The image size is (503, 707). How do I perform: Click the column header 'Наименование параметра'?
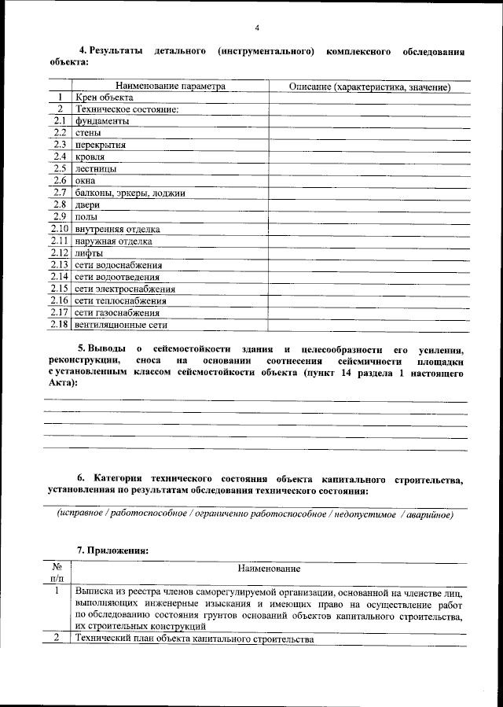click(171, 86)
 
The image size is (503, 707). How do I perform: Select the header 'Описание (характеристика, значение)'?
click(369, 86)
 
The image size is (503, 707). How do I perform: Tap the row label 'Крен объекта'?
click(105, 98)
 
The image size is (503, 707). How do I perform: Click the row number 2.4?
click(60, 157)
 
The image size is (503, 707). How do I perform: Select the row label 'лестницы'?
click(96, 169)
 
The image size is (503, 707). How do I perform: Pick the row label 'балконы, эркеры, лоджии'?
click(130, 193)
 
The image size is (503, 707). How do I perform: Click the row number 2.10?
click(60, 229)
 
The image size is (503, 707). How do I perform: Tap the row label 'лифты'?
click(89, 253)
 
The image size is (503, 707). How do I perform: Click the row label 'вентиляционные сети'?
click(121, 325)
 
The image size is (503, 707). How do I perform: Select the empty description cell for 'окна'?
click(369, 181)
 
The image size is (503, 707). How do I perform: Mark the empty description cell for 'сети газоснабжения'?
click(369, 313)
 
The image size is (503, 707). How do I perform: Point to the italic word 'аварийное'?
click(428, 514)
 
